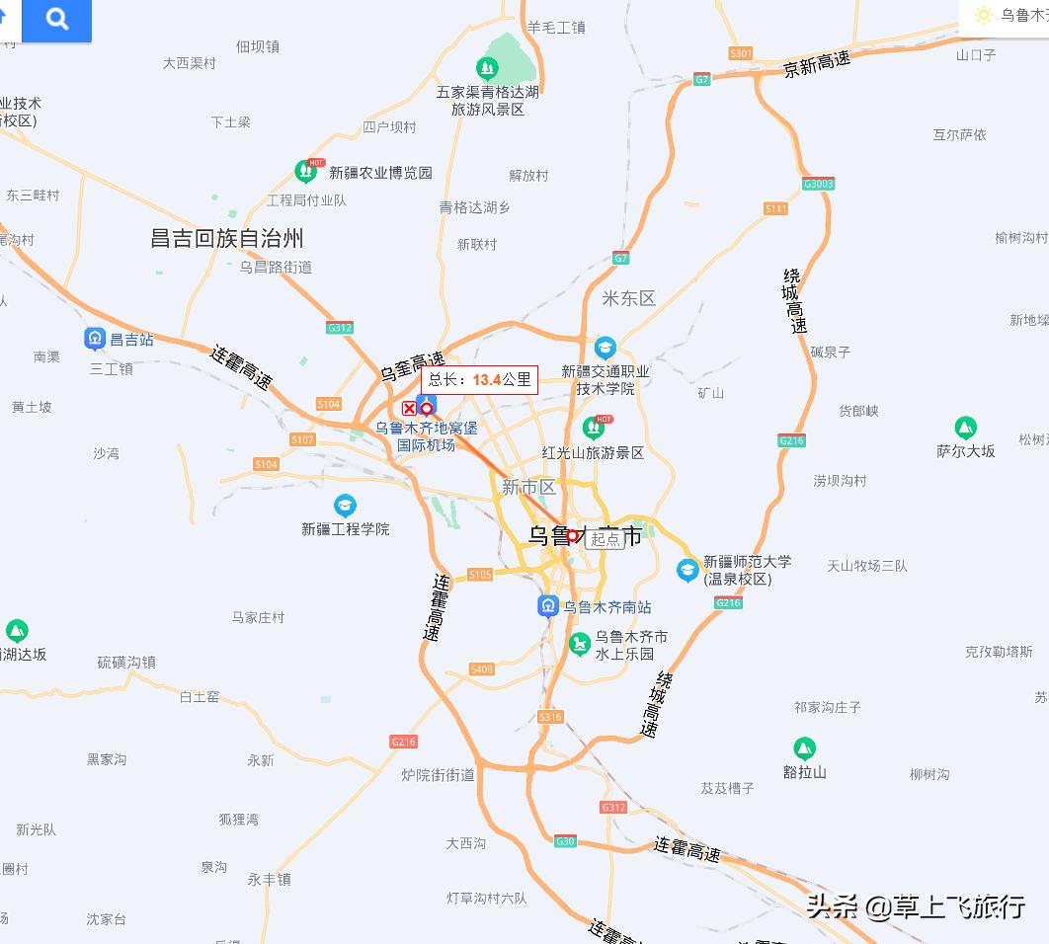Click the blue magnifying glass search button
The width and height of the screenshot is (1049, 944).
pos(57,19)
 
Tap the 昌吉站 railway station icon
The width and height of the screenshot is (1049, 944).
pos(95,339)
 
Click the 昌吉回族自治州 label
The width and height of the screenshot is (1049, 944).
pos(226,238)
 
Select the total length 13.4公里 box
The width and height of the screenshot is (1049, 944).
pos(480,379)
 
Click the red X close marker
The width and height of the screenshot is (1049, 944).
pos(409,408)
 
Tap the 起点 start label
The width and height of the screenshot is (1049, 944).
pos(605,539)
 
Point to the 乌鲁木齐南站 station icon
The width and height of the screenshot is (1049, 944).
pos(548,606)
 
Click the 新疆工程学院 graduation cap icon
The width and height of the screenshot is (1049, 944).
pos(345,507)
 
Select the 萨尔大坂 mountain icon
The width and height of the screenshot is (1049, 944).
pos(965,429)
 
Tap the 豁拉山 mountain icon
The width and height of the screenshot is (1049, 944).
pos(804,749)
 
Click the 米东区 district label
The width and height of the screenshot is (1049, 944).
pos(628,298)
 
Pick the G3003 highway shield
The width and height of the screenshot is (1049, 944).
pos(819,184)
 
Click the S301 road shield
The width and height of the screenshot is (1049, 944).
pos(740,53)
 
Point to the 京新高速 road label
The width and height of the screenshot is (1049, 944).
pos(817,64)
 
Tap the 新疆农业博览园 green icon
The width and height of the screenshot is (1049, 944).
pos(306,171)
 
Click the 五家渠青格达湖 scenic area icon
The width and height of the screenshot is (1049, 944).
pos(486,68)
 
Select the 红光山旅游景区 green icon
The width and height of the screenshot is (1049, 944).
pos(594,428)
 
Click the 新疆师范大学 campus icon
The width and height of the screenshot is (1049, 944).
pos(687,570)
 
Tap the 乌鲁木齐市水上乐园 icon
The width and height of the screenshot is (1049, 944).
pos(580,645)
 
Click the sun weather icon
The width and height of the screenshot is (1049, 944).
pos(983,15)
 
